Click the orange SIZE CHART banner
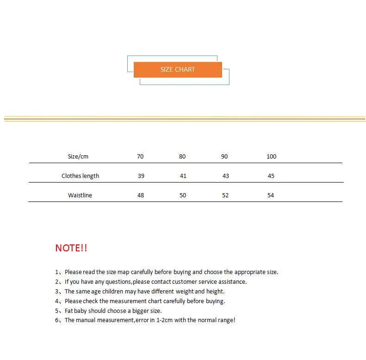(x=178, y=70)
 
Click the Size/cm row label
(x=78, y=157)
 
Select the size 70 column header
(x=140, y=157)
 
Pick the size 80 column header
(x=182, y=157)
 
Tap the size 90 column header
(x=224, y=157)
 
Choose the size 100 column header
(x=271, y=157)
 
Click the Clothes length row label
(x=80, y=176)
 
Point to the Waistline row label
(x=80, y=195)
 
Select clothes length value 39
(x=141, y=176)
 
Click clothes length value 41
(x=183, y=176)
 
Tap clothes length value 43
(x=225, y=176)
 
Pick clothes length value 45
(x=271, y=176)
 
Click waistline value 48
(x=141, y=195)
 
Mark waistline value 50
(x=183, y=195)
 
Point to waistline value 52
(x=225, y=195)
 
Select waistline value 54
(x=271, y=195)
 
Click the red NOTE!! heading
(x=71, y=248)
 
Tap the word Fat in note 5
(x=69, y=311)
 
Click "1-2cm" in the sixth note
(x=163, y=320)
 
